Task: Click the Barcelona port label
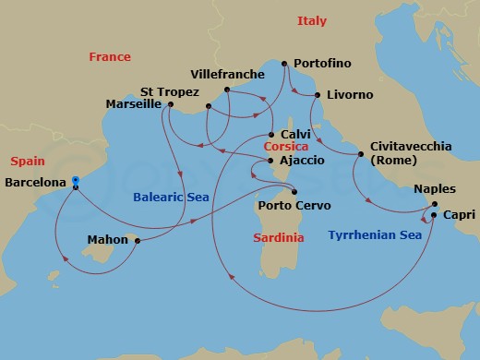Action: click(x=35, y=183)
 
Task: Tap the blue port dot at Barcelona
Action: click(x=76, y=181)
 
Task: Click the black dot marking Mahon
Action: click(x=137, y=242)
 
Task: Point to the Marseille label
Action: click(x=137, y=104)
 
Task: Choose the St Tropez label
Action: click(x=167, y=91)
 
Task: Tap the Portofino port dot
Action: click(x=284, y=64)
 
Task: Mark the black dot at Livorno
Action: click(x=318, y=95)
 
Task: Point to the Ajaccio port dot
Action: click(x=268, y=161)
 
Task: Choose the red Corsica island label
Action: click(x=285, y=146)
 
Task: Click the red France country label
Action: click(x=110, y=57)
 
